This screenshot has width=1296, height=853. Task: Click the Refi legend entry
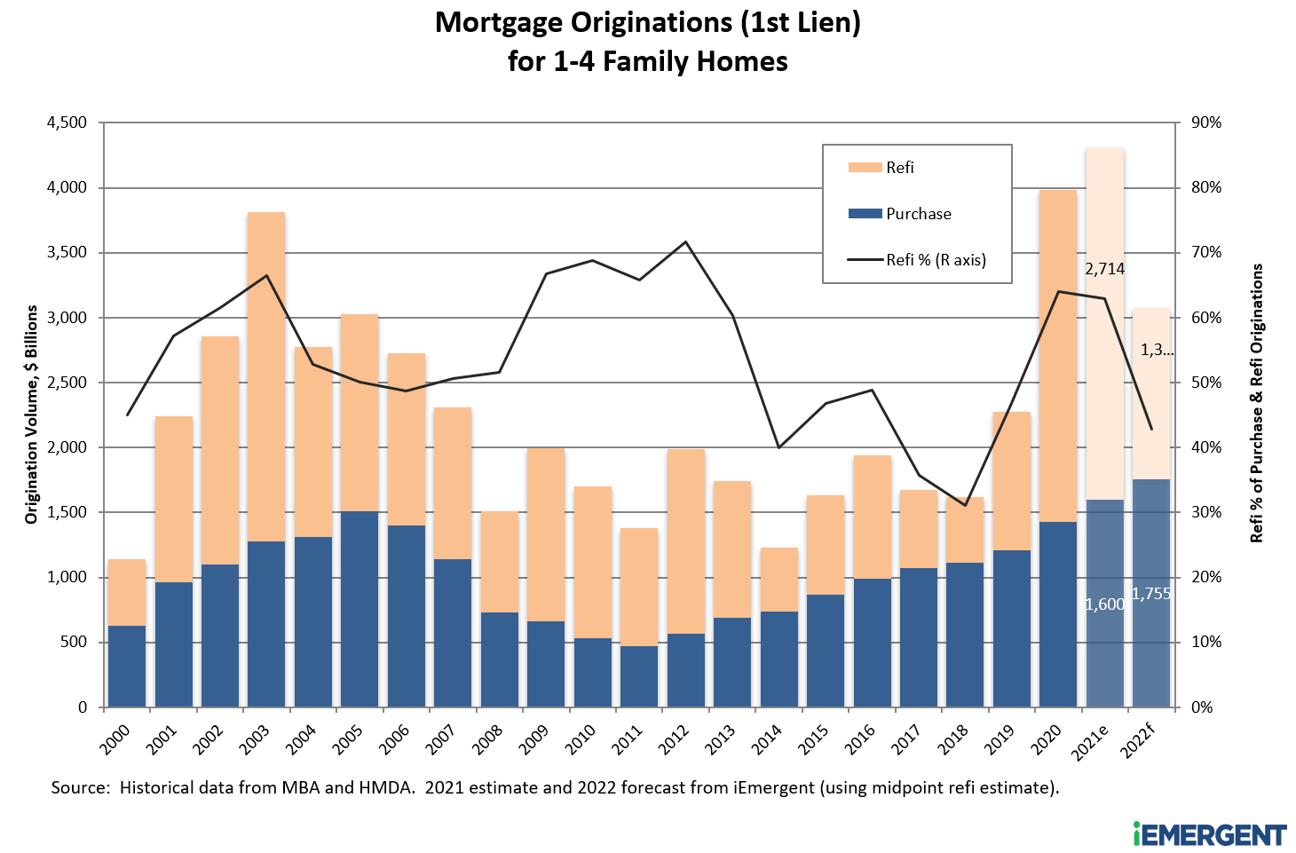[899, 168]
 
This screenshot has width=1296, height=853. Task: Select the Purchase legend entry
[918, 214]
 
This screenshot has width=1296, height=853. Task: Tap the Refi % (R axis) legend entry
[936, 260]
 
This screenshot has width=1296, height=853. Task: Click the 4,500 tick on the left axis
[67, 122]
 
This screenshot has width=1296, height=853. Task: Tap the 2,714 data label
[1104, 269]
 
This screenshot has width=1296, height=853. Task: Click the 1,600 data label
[1104, 604]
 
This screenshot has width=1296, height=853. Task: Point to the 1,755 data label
[1151, 594]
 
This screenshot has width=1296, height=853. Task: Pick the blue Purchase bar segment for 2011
[639, 676]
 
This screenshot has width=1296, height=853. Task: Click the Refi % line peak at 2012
[685, 241]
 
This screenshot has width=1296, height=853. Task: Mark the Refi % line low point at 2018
[965, 505]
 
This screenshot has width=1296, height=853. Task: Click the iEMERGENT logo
[1209, 834]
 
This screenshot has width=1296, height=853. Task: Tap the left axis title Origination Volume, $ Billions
[32, 415]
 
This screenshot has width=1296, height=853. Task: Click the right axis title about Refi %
[1256, 404]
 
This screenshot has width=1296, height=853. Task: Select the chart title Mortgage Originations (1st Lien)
[648, 22]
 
